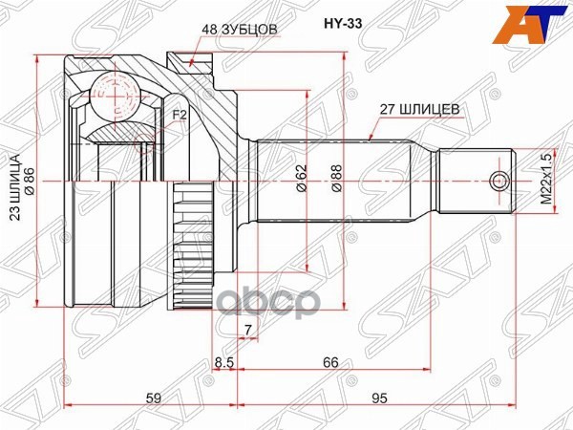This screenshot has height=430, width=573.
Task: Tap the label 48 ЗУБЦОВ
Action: point(239,30)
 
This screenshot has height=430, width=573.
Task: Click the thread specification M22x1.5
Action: point(546,181)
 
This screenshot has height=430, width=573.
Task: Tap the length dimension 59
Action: point(151,398)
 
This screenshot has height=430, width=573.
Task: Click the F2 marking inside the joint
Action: point(179,116)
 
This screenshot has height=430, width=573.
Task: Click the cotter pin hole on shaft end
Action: point(498,181)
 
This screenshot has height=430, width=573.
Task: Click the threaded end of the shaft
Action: point(477,181)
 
